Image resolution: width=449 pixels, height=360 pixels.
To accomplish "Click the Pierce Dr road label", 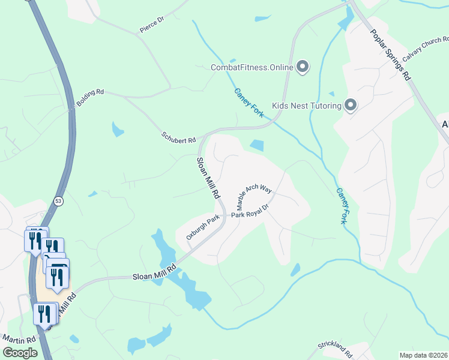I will point(152,22).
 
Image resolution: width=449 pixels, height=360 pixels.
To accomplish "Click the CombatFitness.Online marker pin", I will point(303,67).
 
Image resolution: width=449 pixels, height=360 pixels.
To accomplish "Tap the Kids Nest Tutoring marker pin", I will point(351,106).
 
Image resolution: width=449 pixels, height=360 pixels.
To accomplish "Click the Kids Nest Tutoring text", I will point(307,106).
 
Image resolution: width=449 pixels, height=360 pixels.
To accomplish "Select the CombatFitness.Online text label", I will point(252,67).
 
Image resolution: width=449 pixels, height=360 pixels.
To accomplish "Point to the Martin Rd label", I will point(18,340).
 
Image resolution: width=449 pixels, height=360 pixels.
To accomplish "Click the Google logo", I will point(20,353).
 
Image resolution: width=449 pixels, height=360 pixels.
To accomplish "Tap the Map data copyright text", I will point(424,355).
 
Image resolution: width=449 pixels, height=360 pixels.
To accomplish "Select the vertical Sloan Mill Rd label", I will point(207,178).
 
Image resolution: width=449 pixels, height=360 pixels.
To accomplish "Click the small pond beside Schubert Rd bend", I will point(256,145).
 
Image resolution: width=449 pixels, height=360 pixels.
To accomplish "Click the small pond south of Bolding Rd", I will point(118,129).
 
